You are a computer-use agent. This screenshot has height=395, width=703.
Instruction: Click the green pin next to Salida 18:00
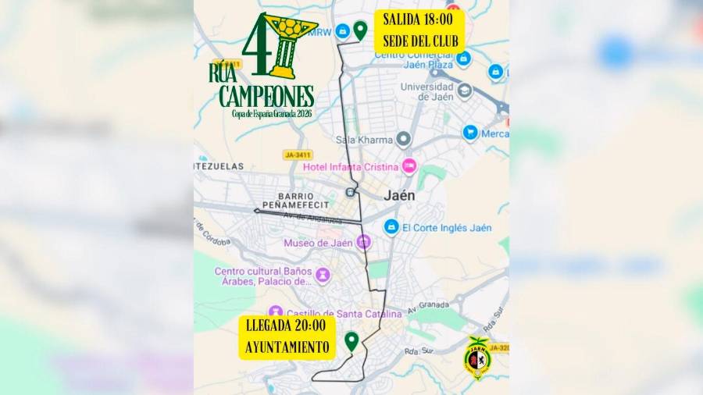tap(360, 30)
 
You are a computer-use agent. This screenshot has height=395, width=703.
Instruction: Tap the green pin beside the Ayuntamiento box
tap(351, 341)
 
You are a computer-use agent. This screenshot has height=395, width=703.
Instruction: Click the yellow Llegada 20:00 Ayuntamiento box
tap(287, 336)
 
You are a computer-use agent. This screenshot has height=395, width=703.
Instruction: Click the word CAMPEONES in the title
tap(266, 97)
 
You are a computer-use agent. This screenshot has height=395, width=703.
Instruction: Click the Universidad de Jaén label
tap(425, 91)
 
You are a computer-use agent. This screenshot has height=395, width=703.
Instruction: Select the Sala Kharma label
tap(363, 141)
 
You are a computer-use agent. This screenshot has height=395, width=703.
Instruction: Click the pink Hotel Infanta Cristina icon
tap(409, 166)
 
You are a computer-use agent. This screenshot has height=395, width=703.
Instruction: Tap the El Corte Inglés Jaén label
tap(447, 227)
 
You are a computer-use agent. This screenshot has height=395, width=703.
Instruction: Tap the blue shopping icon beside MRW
tap(341, 32)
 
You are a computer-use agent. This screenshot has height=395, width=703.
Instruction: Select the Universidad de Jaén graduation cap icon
tap(465, 91)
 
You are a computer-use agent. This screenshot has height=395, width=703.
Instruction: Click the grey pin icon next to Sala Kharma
tap(403, 140)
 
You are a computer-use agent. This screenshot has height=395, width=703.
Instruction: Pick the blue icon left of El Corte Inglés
tap(391, 226)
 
